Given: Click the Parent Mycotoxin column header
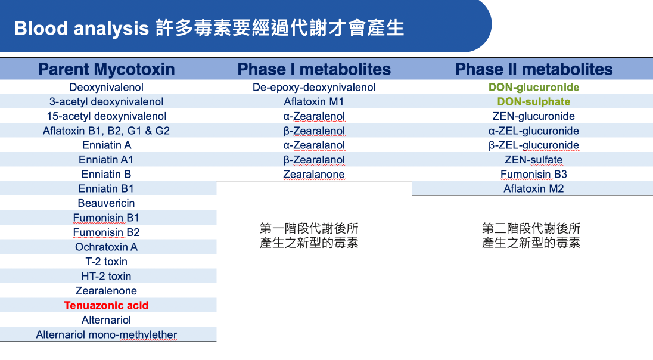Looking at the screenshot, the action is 106,69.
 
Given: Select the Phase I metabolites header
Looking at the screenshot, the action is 314,69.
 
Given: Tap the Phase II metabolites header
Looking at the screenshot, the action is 533,69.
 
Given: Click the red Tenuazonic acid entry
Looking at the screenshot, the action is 106,305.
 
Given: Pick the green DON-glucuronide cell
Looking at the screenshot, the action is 533,87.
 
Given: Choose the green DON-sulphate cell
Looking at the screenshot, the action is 533,102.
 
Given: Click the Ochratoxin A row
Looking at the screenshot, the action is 106,247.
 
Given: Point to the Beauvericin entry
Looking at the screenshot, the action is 106,203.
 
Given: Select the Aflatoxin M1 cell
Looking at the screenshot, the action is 314,102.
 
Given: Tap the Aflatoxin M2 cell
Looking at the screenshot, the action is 533,189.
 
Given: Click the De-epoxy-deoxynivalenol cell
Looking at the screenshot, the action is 314,88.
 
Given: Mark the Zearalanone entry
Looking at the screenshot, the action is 314,174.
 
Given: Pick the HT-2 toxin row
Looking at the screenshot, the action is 106,276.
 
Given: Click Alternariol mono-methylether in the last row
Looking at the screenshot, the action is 106,334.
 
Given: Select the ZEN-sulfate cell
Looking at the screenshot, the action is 533,160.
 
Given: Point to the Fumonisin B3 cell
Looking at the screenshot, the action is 533,174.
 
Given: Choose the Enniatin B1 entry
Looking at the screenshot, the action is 106,189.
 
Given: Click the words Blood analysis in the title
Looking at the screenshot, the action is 82,29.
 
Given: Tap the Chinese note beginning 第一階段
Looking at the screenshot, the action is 309,235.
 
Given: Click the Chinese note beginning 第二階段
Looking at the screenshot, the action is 531,235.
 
